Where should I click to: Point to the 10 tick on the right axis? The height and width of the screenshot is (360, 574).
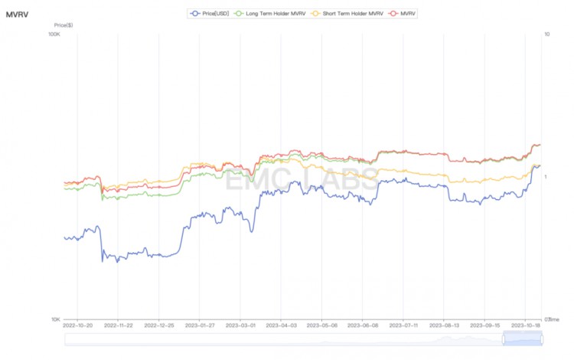coord(547,34)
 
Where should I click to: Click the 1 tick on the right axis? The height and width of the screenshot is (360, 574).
coord(546,177)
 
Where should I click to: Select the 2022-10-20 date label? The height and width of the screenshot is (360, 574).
coord(77,326)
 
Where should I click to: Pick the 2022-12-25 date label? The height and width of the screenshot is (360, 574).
coord(158,326)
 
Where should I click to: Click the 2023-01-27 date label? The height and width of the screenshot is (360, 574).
coord(198,326)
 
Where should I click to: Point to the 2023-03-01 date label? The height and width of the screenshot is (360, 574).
coord(240,326)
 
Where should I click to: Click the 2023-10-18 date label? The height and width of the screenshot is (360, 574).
coord(525,326)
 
